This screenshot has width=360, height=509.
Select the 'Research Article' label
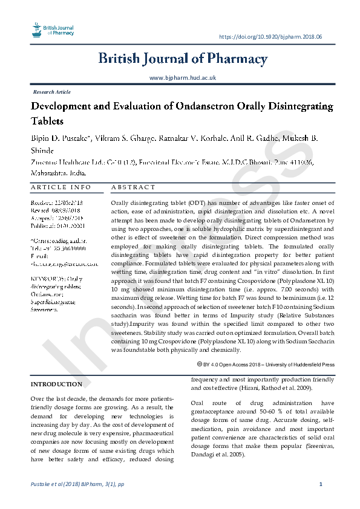52,92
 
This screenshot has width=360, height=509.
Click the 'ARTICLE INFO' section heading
61,187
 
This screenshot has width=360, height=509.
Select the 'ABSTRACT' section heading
134,187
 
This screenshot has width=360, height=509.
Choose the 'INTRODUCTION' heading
56,384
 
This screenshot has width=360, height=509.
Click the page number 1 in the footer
320,485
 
